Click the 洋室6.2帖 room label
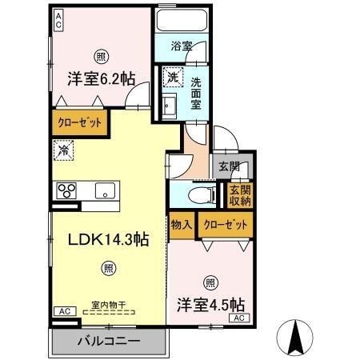pyautogui.click(x=99, y=78)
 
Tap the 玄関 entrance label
pyautogui.click(x=228, y=167)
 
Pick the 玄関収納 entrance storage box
pyautogui.click(x=238, y=196)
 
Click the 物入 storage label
pyautogui.click(x=181, y=225)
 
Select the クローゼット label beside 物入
pyautogui.click(x=223, y=225)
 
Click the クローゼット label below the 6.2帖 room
pyautogui.click(x=78, y=125)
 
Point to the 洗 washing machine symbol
pyautogui.click(x=171, y=78)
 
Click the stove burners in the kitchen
pyautogui.click(x=65, y=190)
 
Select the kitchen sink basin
pyautogui.click(x=103, y=190)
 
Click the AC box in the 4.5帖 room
pyautogui.click(x=238, y=318)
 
